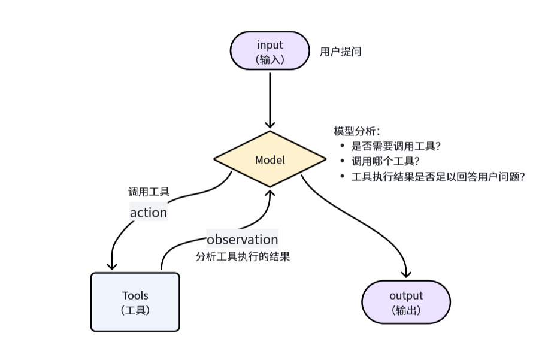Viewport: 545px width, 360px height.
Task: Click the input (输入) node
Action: click(270, 51)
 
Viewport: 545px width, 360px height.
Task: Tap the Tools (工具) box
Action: click(135, 302)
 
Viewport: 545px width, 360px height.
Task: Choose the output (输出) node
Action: click(406, 302)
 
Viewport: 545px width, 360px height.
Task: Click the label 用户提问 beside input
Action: click(340, 52)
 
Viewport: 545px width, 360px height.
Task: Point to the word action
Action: click(149, 212)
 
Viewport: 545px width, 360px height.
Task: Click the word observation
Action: click(243, 240)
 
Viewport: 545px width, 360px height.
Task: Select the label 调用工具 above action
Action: click(149, 192)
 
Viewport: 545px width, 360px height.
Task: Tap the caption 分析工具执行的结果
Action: click(243, 257)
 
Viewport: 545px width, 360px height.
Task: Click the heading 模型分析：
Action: click(357, 131)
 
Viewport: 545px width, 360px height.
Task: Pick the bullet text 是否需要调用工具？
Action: click(396, 146)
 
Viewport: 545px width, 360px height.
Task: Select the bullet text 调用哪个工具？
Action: click(384, 161)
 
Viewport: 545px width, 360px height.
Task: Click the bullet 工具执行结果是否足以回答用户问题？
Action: click(438, 177)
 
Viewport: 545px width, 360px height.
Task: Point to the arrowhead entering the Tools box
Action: click(112, 266)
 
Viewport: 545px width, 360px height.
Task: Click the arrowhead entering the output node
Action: click(406, 274)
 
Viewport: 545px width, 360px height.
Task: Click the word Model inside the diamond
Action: click(270, 160)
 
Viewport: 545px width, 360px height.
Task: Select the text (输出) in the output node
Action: click(406, 310)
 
